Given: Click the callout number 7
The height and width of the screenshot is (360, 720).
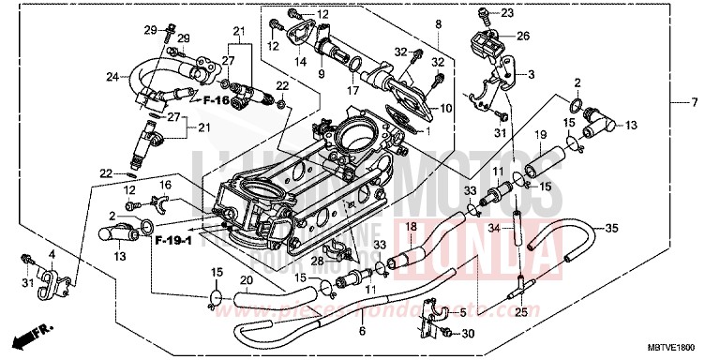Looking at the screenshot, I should [x=696, y=101].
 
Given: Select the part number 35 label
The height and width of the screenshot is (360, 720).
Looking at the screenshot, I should [x=611, y=228].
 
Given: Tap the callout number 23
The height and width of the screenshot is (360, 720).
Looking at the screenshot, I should [x=507, y=13].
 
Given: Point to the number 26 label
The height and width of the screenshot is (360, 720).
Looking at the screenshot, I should [x=522, y=37].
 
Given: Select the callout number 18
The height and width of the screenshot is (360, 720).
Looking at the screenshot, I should [x=410, y=228].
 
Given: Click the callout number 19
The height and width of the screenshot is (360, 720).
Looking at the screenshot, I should [x=541, y=136].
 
